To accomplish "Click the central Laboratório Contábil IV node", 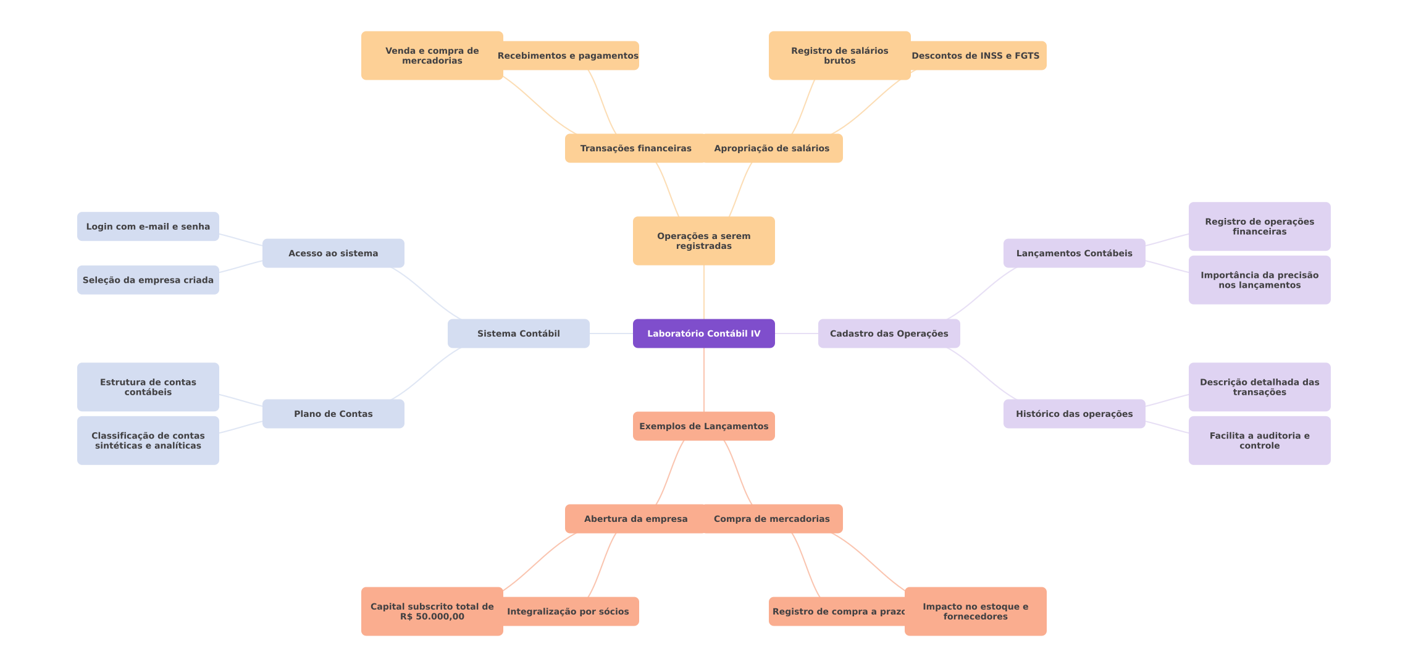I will point(704,333).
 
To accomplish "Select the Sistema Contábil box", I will point(519,333).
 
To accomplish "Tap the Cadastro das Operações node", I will point(889,333).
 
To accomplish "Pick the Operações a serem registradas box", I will point(704,241).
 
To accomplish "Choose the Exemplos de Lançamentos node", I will point(704,426).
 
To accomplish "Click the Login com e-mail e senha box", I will point(148,227).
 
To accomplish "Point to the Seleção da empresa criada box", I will point(148,280).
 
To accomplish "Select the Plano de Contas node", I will point(333,414).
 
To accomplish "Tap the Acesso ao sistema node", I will point(333,253).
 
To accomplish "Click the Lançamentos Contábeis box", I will point(1075,253).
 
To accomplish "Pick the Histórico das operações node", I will point(1075,414).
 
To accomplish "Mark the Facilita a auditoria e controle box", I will point(1260,440).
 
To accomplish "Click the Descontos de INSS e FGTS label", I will point(976,56).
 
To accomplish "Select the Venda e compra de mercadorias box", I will point(432,56).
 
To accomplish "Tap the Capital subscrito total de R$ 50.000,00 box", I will point(432,611).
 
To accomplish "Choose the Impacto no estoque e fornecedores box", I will point(976,611).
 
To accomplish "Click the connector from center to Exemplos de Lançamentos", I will point(704,380).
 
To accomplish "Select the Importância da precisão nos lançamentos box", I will point(1260,280).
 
